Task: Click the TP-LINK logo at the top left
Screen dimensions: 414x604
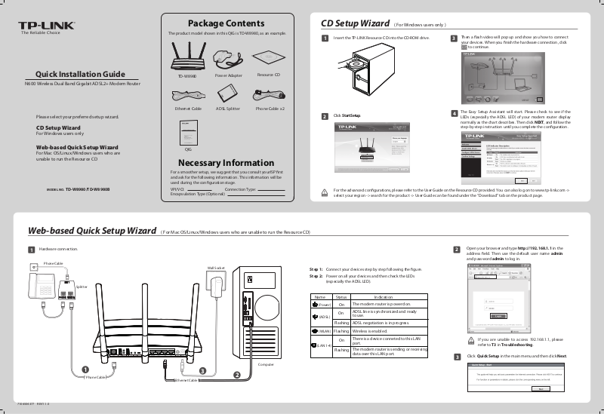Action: pos(47,26)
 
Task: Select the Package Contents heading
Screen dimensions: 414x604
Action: pos(226,23)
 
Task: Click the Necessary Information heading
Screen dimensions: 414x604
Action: pos(226,163)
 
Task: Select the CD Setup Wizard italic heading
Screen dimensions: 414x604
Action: pos(355,23)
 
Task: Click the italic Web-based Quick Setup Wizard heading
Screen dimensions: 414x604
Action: pos(92,230)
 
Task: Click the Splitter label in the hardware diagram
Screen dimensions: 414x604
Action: pos(82,287)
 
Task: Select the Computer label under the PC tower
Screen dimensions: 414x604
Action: pos(265,364)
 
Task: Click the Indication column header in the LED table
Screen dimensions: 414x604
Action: pos(384,297)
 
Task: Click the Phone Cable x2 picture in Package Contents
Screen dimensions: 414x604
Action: pos(270,94)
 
